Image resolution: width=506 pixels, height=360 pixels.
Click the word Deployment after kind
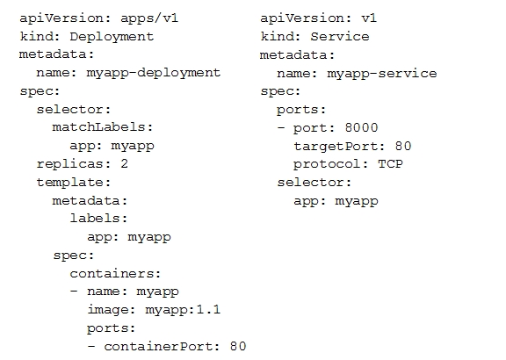click(x=112, y=37)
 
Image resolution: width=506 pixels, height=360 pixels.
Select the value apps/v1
click(x=149, y=18)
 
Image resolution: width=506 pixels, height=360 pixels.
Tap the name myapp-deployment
click(x=153, y=73)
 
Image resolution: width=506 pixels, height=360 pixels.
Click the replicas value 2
click(x=125, y=163)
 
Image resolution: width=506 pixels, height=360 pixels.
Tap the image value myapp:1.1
click(x=183, y=310)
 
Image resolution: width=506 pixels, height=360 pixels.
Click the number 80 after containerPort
click(x=238, y=347)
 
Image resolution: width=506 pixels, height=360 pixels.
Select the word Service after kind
click(x=339, y=37)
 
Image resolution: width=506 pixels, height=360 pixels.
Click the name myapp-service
click(x=382, y=74)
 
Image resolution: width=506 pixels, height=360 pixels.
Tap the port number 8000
click(x=361, y=127)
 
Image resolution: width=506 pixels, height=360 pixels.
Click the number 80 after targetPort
click(x=403, y=146)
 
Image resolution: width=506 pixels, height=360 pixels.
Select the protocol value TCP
click(x=390, y=164)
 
